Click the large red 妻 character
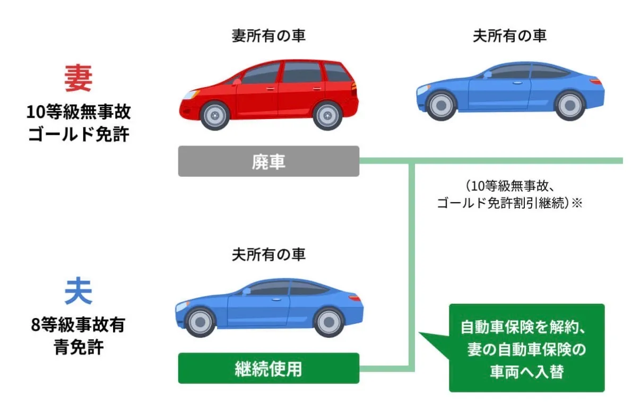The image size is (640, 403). (x=78, y=79)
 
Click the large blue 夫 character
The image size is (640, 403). (x=78, y=292)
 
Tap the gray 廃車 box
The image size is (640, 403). (x=269, y=161)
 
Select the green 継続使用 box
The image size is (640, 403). (x=269, y=368)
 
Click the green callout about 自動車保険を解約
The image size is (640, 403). (x=526, y=348)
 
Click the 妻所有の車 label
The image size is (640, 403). (x=269, y=36)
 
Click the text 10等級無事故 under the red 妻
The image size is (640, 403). (x=78, y=113)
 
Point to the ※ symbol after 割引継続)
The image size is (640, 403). (x=577, y=203)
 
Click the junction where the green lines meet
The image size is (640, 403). (x=411, y=161)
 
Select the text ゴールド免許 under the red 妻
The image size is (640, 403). (x=78, y=134)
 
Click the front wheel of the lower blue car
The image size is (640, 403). (x=201, y=322)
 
